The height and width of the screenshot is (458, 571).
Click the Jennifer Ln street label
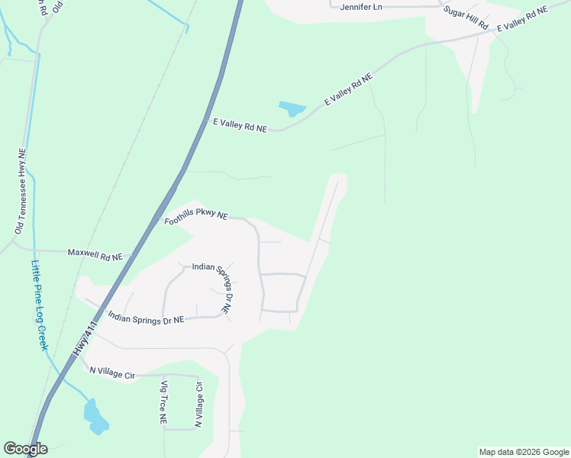pos(360,6)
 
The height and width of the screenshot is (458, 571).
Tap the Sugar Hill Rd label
pos(465,18)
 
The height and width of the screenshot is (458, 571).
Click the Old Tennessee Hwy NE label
pos(21,191)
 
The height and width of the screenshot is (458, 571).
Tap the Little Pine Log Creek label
pos(39,305)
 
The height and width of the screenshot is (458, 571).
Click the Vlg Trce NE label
pos(163,402)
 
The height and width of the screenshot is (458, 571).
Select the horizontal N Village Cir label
pos(111,372)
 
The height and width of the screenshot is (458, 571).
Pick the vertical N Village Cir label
pos(198,403)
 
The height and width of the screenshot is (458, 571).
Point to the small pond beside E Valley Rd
pos(292,108)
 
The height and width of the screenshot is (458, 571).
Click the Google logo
pos(25,449)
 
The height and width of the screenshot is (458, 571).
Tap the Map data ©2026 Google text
pos(524,452)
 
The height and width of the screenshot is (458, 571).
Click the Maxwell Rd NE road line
pos(46,250)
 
